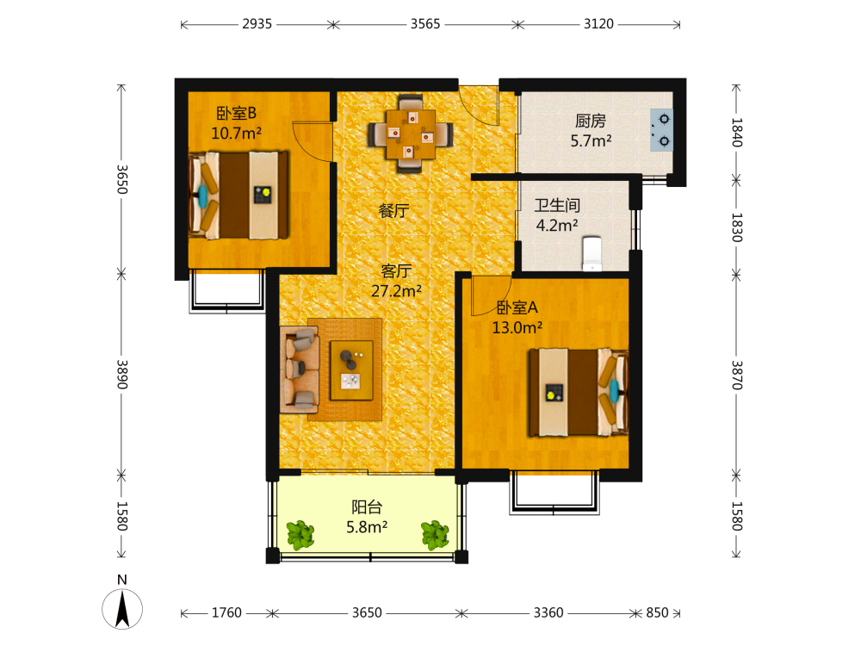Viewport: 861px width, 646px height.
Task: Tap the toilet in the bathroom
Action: tap(592, 254)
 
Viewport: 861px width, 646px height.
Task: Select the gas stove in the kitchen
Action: tap(661, 130)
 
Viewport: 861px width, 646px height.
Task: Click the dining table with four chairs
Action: tap(410, 134)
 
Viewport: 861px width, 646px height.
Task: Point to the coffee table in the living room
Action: tap(351, 370)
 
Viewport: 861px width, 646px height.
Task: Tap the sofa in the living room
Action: tap(300, 370)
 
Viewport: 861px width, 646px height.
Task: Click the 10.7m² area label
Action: tap(236, 134)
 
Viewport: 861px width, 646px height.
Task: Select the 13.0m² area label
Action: tap(517, 328)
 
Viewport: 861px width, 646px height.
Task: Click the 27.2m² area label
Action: tap(396, 291)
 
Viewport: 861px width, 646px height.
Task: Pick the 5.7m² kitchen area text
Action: tap(591, 141)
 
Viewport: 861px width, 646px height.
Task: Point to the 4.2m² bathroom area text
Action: tap(557, 226)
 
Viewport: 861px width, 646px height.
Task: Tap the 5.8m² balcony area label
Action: tap(367, 527)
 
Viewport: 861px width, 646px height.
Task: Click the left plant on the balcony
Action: tap(300, 535)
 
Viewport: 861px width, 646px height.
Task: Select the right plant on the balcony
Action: tap(435, 535)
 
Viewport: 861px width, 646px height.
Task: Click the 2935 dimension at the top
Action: tap(257, 24)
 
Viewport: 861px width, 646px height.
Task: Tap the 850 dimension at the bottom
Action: tap(657, 612)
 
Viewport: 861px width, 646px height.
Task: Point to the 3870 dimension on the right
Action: tap(737, 376)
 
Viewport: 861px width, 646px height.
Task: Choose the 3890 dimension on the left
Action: tap(122, 375)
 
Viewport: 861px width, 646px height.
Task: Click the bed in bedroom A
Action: tap(579, 392)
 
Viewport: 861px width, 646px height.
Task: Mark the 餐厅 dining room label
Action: tap(393, 210)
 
